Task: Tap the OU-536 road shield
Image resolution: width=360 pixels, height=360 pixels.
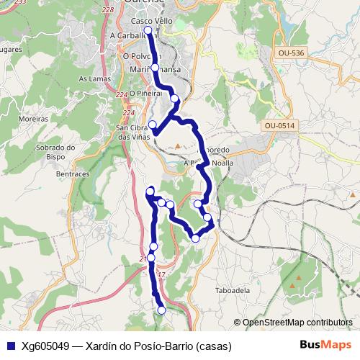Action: pyautogui.click(x=290, y=53)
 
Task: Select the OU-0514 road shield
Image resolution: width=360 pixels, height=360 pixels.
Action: pyautogui.click(x=279, y=126)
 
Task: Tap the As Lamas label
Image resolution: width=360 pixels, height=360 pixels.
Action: pyautogui.click(x=93, y=78)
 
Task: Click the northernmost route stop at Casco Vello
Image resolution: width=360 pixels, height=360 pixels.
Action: pyautogui.click(x=148, y=31)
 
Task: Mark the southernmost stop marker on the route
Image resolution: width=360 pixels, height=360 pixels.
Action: pyautogui.click(x=161, y=310)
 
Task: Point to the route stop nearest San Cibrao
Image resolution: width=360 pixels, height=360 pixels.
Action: pyautogui.click(x=152, y=125)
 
